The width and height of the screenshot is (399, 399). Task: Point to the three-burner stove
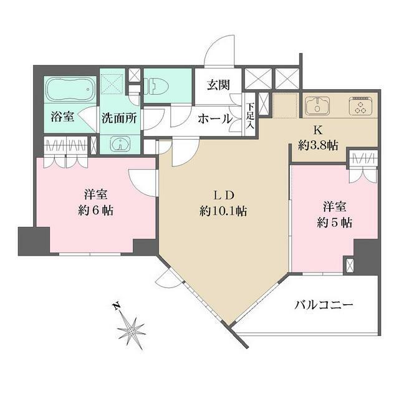(360, 105)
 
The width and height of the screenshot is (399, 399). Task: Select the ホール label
(215, 118)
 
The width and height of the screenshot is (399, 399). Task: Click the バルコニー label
(324, 305)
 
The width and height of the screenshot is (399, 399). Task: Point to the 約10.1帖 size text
(223, 211)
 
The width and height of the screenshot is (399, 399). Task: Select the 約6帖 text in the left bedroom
(95, 211)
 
